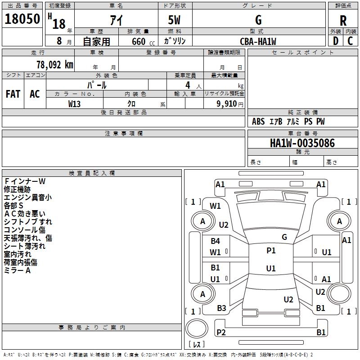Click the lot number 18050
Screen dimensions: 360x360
(x=22, y=19)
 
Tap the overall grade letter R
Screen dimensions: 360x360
(x=343, y=21)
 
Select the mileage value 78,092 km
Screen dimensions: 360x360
(x=55, y=65)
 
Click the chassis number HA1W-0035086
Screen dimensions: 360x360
(x=302, y=143)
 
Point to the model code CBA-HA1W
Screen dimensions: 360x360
(x=258, y=41)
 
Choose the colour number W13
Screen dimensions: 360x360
(x=74, y=104)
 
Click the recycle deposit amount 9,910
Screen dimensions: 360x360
(x=227, y=104)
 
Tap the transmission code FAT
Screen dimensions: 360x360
(x=13, y=94)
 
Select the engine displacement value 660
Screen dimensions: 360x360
(x=139, y=41)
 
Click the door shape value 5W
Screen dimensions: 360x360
(x=174, y=20)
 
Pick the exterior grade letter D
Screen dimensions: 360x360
(x=336, y=41)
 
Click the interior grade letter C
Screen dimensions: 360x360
(x=350, y=41)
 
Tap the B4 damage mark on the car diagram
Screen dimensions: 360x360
(x=216, y=241)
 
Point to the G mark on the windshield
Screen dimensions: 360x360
(x=284, y=237)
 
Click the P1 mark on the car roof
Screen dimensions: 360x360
(x=271, y=250)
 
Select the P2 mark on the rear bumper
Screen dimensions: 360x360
(x=221, y=332)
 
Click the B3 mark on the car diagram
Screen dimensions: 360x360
(x=221, y=308)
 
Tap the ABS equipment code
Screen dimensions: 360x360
(x=258, y=121)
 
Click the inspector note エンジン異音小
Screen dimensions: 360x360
(x=28, y=198)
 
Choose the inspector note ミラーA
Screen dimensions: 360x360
(x=17, y=270)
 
